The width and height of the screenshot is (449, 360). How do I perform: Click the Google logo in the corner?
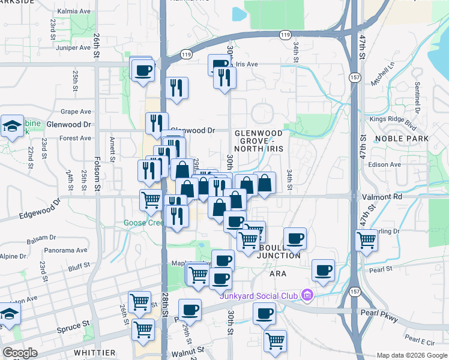pos(20,353)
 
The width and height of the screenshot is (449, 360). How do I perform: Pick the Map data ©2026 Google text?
pos(411,355)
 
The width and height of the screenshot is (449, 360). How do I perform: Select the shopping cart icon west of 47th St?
pos(366,240)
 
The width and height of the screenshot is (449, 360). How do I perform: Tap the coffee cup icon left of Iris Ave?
pos(220,64)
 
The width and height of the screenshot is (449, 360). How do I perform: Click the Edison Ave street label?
pos(387,164)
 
